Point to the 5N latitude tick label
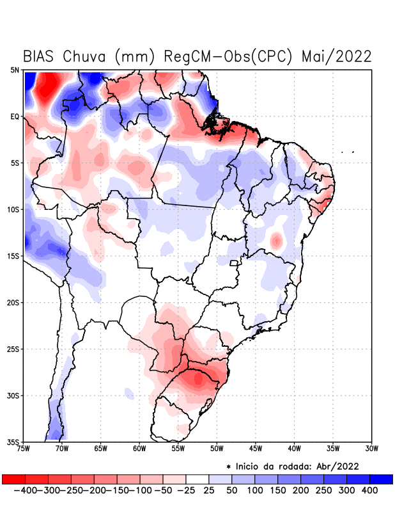tap(15, 70)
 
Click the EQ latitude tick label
tap(15, 116)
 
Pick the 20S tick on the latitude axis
tap(14, 302)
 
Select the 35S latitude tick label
tap(14, 442)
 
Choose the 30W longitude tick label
tap(371, 449)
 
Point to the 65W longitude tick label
tap(101, 449)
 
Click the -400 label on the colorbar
tap(26, 490)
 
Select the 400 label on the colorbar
tap(369, 490)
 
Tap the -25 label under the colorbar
tap(186, 490)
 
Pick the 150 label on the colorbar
tap(277, 490)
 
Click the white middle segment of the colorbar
tap(197, 479)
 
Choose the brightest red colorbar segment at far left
tap(13, 479)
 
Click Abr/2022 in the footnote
tap(338, 466)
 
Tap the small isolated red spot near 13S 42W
tap(276, 241)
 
